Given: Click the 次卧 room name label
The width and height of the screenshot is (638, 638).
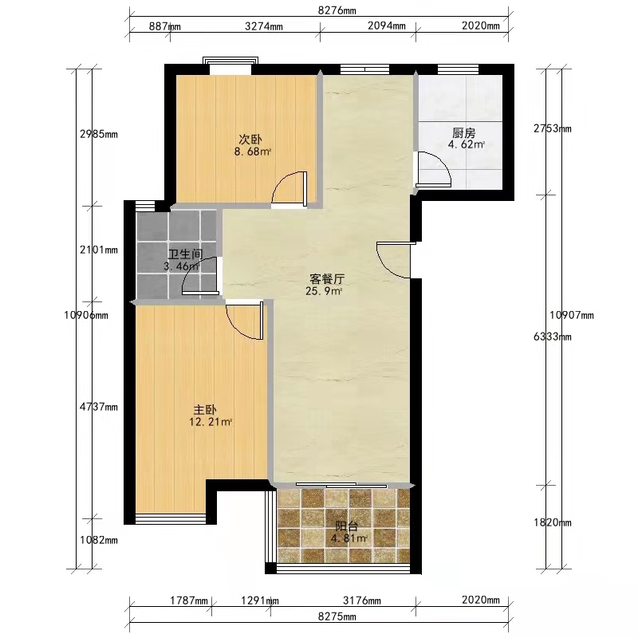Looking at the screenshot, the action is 250,140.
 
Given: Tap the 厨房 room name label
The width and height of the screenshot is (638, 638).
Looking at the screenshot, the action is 464,133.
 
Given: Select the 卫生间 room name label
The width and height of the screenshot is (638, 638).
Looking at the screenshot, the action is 186,254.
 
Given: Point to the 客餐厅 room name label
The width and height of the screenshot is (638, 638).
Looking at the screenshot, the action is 327,279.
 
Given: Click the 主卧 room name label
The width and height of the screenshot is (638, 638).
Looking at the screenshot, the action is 205,410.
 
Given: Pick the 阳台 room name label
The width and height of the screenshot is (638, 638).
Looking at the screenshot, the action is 347,526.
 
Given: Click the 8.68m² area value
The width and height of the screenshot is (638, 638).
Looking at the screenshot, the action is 253,152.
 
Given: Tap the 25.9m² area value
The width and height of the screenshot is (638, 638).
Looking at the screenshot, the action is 324,291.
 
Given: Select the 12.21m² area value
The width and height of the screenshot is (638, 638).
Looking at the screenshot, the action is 211,422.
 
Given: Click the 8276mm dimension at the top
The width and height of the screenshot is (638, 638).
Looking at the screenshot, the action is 337,10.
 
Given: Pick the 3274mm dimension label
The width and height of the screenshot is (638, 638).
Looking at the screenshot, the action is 264,26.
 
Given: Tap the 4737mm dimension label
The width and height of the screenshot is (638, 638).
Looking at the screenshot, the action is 99,407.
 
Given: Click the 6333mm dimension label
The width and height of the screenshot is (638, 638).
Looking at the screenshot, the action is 553,337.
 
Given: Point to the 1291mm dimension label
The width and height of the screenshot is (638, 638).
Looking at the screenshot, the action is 260,601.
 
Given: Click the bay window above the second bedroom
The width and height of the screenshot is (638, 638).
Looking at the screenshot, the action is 230,63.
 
